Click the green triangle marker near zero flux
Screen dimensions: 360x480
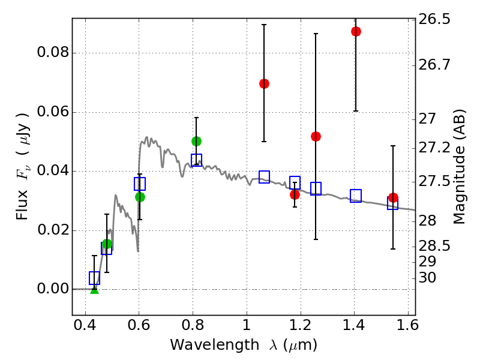tap(94, 289)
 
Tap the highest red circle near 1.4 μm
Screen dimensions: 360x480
tap(356, 31)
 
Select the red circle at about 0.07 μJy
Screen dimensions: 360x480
tap(264, 83)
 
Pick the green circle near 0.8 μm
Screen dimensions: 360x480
tap(196, 141)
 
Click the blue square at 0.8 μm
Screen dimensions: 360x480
tap(196, 160)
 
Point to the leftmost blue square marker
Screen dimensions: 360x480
tap(94, 278)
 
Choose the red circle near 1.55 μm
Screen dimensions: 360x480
tap(393, 198)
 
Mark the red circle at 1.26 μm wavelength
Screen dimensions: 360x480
tap(316, 136)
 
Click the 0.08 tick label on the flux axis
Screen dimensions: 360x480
tap(53, 53)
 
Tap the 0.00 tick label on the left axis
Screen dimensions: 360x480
tap(53, 289)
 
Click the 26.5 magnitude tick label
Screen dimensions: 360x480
tap(434, 20)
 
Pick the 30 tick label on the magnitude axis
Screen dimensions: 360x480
tap(427, 278)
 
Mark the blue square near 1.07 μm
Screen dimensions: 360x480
tap(264, 176)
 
